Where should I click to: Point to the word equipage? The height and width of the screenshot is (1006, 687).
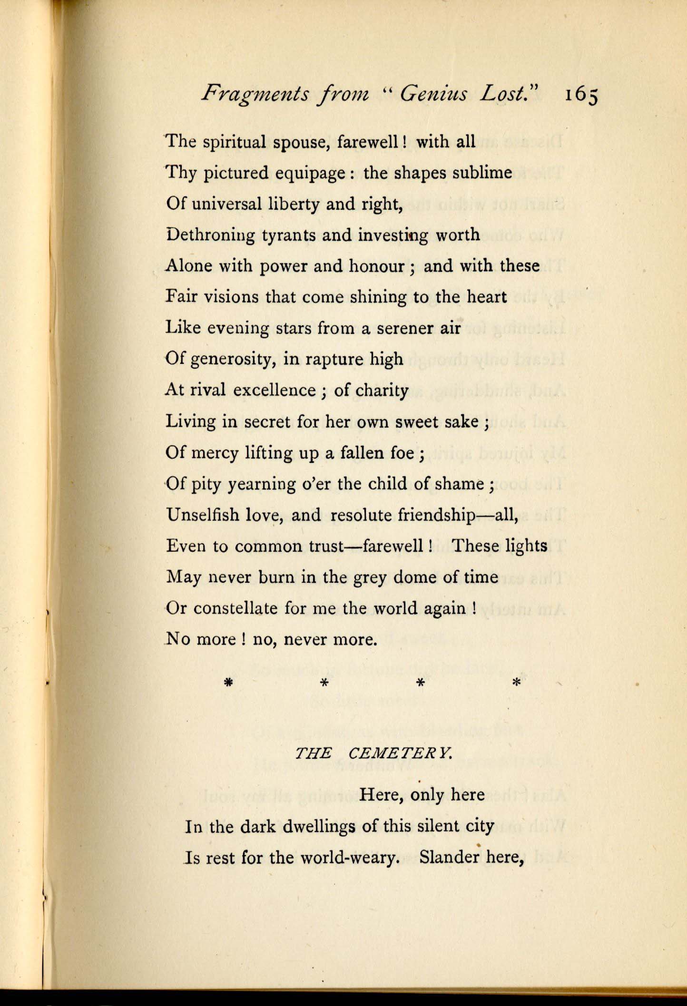tap(311, 173)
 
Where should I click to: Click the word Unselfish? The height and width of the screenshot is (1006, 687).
tap(202, 515)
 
